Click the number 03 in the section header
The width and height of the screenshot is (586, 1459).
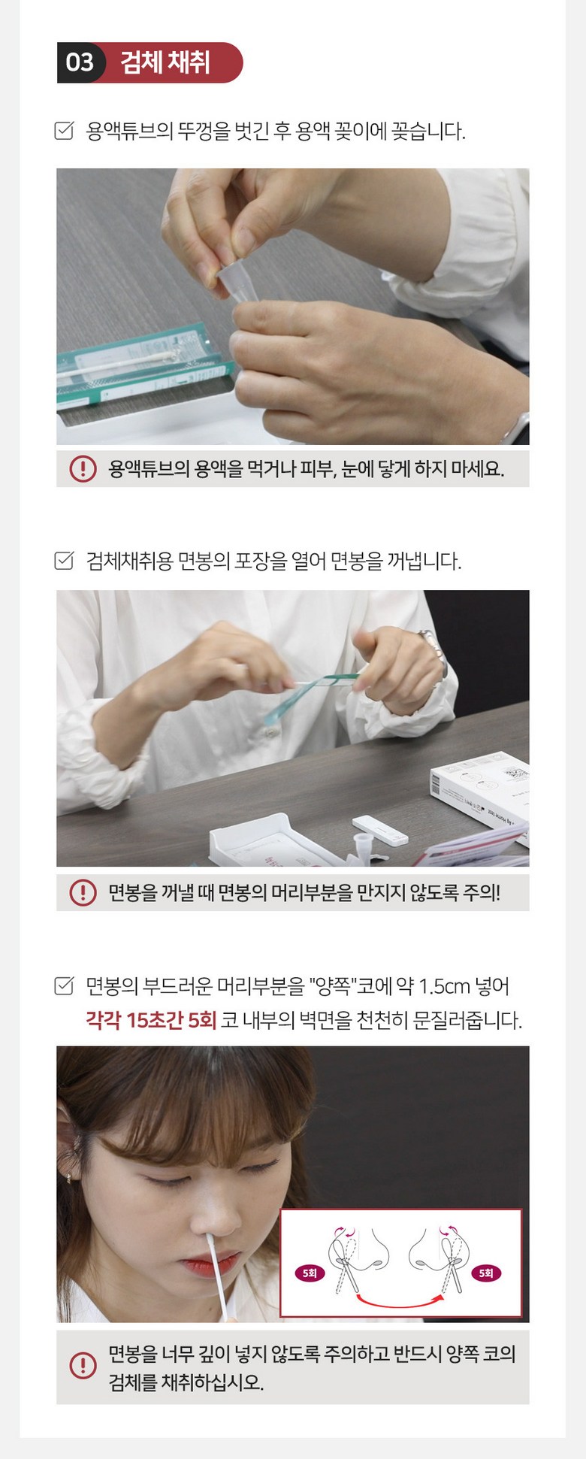(x=80, y=62)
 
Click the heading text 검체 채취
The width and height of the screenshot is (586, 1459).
(x=165, y=62)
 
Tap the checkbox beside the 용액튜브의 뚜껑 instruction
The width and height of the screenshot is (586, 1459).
(x=65, y=131)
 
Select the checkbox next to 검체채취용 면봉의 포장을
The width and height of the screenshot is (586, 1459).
(x=65, y=561)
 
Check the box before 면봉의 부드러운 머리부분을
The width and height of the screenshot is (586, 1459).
(x=65, y=985)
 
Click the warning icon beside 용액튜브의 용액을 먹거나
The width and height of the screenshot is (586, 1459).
(x=83, y=469)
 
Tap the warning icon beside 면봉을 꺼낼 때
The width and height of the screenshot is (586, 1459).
(x=83, y=892)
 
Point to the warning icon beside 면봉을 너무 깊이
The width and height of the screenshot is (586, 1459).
(x=83, y=1366)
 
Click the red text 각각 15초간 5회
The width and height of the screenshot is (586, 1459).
(x=151, y=1020)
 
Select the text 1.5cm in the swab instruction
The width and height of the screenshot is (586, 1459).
(x=444, y=985)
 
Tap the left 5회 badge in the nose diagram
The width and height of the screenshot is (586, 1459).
(x=310, y=1273)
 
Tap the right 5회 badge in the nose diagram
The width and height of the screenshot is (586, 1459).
(x=486, y=1273)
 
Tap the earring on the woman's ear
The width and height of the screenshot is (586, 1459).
(x=69, y=1177)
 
